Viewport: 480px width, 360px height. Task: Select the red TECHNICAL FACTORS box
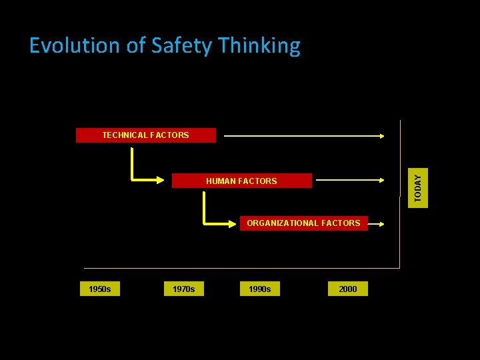click(145, 135)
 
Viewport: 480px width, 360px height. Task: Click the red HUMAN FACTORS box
click(241, 181)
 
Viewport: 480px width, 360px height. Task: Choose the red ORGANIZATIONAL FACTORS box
click(303, 223)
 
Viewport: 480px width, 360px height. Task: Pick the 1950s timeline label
click(99, 289)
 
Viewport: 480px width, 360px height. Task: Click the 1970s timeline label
click(183, 289)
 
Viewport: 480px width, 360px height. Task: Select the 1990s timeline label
click(259, 289)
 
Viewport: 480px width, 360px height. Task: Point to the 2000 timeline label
click(347, 289)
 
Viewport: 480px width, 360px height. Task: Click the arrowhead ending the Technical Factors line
click(381, 136)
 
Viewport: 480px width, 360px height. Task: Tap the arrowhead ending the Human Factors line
click(381, 179)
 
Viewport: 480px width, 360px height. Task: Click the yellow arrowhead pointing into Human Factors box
click(161, 179)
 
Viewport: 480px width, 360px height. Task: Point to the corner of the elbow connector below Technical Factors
click(133, 179)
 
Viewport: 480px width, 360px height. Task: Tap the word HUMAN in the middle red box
click(219, 181)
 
